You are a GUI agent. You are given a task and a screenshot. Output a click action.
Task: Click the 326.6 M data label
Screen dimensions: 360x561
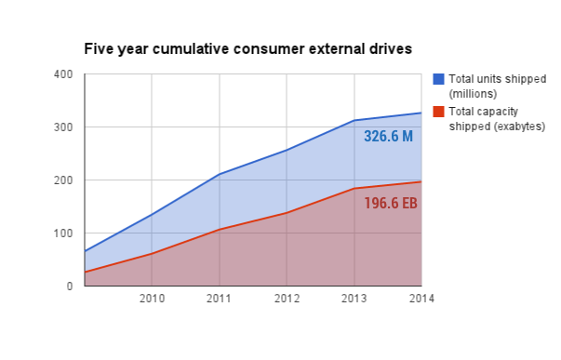pos(388,137)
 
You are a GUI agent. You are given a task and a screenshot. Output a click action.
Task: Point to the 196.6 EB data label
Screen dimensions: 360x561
pos(390,203)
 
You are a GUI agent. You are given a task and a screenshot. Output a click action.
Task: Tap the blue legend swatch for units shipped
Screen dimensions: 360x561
pos(439,79)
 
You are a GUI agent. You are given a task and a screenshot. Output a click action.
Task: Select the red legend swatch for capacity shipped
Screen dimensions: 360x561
pos(439,111)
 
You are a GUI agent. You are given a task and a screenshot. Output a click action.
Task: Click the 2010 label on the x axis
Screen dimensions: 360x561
pos(152,299)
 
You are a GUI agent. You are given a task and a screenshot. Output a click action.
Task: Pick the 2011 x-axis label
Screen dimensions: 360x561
pos(220,299)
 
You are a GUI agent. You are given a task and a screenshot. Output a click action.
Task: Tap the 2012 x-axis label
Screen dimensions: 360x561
pos(287,299)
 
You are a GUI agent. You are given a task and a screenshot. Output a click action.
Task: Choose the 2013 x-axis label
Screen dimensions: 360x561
pos(354,299)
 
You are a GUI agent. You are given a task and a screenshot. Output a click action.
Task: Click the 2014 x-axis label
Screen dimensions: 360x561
pos(421,299)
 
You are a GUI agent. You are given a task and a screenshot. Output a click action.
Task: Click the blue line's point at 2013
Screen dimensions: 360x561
pos(354,121)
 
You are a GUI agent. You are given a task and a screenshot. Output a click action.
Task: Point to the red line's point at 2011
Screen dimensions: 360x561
pos(220,229)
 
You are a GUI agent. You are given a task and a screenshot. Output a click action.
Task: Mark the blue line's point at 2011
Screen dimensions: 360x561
pos(220,174)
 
